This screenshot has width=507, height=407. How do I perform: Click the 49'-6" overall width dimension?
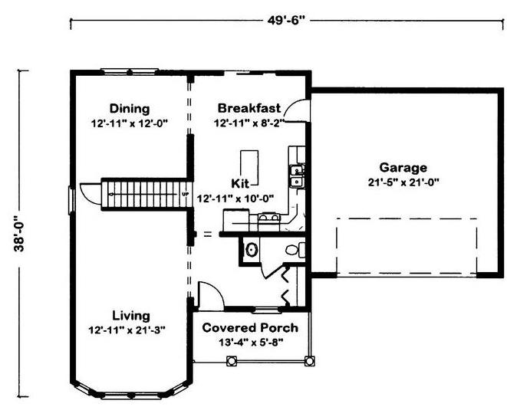coord(286,21)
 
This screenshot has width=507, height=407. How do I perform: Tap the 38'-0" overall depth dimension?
coord(19,234)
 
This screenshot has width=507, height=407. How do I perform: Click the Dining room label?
coord(130,108)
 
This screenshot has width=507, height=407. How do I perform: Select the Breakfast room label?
coord(249,108)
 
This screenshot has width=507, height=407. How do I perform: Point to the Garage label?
coord(403,168)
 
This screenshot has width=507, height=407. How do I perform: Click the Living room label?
coord(131,316)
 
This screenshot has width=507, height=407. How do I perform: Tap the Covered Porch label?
coord(250,327)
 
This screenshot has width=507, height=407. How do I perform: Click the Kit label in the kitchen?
coord(240,183)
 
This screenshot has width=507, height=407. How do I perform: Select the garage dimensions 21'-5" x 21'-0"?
coord(403,182)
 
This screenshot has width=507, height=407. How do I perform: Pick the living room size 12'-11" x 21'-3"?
coord(127,330)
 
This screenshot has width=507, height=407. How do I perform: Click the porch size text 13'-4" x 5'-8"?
coord(251,342)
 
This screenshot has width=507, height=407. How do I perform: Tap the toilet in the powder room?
coord(295,250)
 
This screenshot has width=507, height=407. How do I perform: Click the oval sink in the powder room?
coord(252,249)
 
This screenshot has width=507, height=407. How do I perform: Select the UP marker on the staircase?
coord(186,194)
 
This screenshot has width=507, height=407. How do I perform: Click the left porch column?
coord(231,361)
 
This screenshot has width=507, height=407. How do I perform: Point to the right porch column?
coord(309,361)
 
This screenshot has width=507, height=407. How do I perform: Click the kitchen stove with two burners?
coord(268,218)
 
